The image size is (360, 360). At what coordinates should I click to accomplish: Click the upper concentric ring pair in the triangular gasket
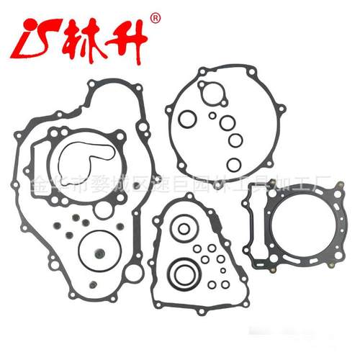pyautogui.click(x=184, y=230)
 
